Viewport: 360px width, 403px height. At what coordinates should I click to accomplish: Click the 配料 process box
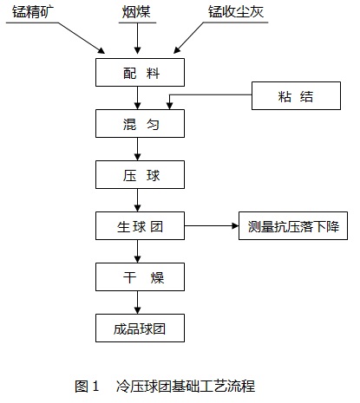[x=140, y=72]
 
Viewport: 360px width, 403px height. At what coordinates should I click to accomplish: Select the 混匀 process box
[x=140, y=123]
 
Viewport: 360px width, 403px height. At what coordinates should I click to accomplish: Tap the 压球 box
[x=140, y=174]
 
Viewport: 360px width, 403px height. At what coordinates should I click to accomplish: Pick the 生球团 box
[x=140, y=225]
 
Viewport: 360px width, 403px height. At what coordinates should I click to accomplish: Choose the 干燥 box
[x=140, y=276]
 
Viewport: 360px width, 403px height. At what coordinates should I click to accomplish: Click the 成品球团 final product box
[x=140, y=328]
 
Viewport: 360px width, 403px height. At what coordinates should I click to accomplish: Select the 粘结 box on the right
[x=296, y=95]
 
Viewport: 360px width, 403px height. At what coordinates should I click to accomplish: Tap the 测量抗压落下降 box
[x=293, y=225]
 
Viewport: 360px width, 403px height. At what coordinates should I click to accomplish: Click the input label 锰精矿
[x=33, y=11]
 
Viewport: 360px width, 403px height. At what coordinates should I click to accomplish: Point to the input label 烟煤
[x=136, y=12]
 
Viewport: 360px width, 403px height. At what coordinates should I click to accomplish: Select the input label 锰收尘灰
[x=236, y=11]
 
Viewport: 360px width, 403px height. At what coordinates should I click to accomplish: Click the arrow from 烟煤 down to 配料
[x=138, y=38]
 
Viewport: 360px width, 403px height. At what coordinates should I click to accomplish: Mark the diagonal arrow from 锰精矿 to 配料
[x=82, y=38]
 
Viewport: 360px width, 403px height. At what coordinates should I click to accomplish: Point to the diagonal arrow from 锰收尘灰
[x=189, y=38]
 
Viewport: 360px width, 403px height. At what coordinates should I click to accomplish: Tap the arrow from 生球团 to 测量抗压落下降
[x=212, y=225]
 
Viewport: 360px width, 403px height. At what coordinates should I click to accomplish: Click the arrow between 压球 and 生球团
[x=138, y=200]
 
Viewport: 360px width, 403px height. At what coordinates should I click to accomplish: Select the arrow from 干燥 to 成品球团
[x=138, y=302]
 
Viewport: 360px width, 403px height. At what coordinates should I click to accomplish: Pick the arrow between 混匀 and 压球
[x=138, y=149]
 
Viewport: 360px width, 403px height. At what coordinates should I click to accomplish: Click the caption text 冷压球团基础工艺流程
[x=186, y=386]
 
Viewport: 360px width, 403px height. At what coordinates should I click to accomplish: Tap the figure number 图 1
[x=87, y=386]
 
